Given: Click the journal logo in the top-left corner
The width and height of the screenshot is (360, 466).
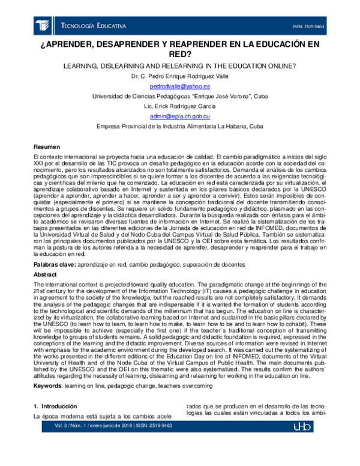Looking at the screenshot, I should point(43,26).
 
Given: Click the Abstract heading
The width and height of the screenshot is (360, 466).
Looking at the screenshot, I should point(45,274).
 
